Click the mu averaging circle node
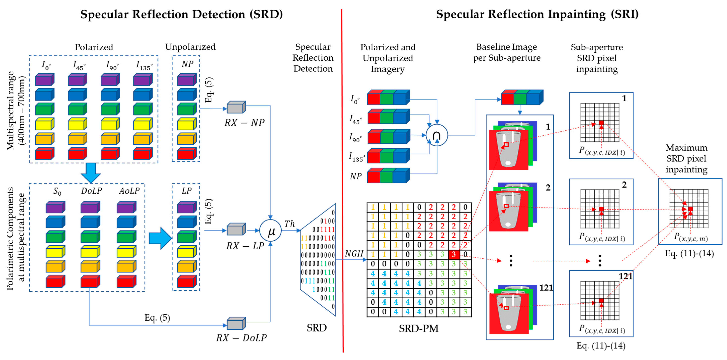(270, 231)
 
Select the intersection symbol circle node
(437, 135)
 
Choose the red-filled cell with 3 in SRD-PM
(454, 254)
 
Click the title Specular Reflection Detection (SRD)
(182, 14)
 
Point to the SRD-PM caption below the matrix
(418, 328)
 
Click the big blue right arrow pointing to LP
(160, 238)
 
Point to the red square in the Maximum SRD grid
(690, 209)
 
